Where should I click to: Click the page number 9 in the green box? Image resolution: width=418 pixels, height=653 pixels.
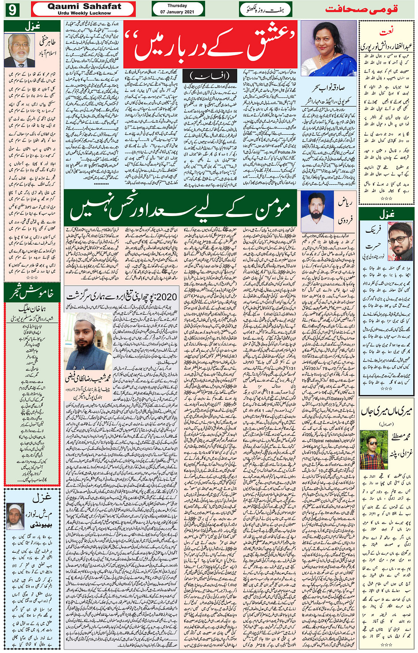(x=12, y=9)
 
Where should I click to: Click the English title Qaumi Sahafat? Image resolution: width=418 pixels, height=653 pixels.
(x=84, y=6)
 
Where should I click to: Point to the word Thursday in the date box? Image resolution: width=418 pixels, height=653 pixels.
(x=177, y=6)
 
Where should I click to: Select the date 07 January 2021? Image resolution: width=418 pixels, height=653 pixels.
(x=177, y=12)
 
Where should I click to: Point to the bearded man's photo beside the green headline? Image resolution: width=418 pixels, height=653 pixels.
(x=317, y=211)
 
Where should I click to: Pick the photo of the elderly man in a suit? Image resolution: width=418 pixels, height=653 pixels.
(x=20, y=49)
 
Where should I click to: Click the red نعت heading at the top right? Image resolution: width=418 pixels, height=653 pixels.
(x=386, y=31)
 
